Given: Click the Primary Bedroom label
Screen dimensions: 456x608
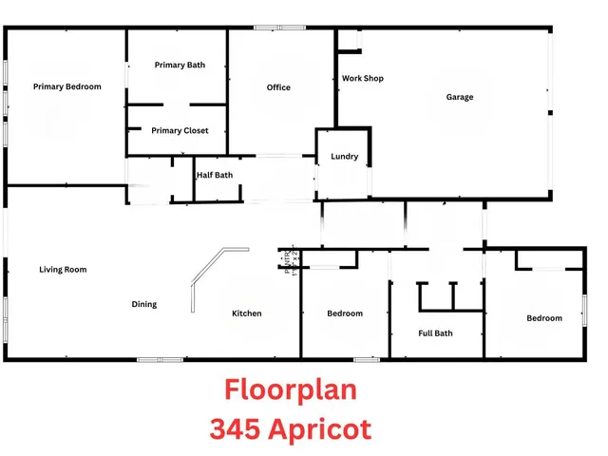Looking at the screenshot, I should coord(66,87).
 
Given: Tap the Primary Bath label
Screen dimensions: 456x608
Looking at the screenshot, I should coord(180,66).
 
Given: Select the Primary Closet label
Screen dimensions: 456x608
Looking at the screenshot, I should coord(180,131).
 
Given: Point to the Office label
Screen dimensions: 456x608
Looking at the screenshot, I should coord(278,88).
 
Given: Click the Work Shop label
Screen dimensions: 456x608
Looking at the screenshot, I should coord(362,79).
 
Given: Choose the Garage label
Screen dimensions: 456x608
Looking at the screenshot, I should coord(460,97).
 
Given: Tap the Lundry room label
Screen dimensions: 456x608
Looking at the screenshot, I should coord(344,157).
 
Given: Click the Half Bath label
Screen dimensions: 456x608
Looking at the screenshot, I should coord(215,175).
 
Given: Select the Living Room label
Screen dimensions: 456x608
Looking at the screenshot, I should coord(63,270).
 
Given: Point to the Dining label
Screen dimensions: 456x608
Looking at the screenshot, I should coord(144,305).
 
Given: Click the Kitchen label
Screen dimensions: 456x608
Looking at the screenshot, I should coord(247,313).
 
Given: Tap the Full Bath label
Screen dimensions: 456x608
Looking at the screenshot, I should coord(436,333).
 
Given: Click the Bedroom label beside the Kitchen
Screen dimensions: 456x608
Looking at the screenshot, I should coord(345,313).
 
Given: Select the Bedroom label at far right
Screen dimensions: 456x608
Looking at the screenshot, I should coord(544,318).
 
